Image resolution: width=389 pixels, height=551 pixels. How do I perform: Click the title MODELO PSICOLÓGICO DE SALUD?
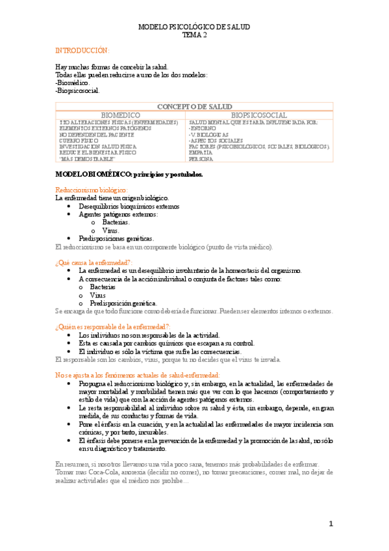195,27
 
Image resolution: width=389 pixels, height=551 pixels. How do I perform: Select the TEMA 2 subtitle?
195,36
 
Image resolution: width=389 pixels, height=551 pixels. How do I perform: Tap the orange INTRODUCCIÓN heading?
82,51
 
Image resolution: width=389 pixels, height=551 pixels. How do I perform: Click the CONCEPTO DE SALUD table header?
195,106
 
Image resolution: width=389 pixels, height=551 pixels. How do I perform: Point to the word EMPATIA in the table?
201,153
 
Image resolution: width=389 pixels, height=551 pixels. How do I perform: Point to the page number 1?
330,524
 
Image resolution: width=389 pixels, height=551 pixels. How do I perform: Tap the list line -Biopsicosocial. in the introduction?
77,91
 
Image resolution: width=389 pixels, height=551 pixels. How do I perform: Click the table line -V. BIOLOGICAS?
208,134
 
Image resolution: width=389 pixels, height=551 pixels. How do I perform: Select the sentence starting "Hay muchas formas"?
112,67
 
